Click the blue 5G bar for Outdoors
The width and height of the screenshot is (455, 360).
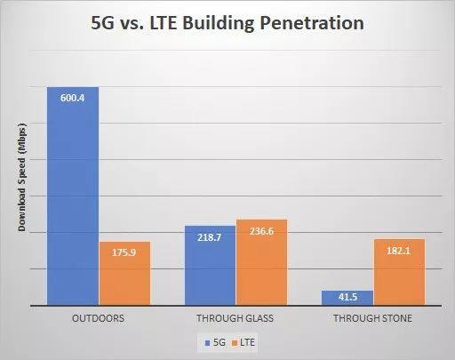point(73,196)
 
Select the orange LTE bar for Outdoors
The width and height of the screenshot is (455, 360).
point(124,274)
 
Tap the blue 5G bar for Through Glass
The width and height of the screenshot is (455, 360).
point(210,266)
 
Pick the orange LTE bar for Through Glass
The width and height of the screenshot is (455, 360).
point(261,262)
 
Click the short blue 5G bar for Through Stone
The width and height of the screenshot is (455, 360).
point(347,298)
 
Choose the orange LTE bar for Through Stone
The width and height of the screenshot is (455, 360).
point(399,272)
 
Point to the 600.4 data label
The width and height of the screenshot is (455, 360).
point(73,98)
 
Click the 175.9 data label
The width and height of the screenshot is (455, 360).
point(124,252)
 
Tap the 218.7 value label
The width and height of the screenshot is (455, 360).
point(210,237)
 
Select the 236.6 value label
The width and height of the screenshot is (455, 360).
point(261,231)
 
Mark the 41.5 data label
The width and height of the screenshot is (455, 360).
point(347,297)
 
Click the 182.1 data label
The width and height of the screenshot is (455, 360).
point(398,251)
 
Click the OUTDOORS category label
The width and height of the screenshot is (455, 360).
point(99,318)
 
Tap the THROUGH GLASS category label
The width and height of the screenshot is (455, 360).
point(235,318)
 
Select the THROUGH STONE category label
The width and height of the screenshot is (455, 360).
point(372,318)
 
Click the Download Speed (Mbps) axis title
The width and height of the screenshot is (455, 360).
point(22,177)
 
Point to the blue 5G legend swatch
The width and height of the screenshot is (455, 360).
point(208,343)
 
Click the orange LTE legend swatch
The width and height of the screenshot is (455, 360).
point(235,343)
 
